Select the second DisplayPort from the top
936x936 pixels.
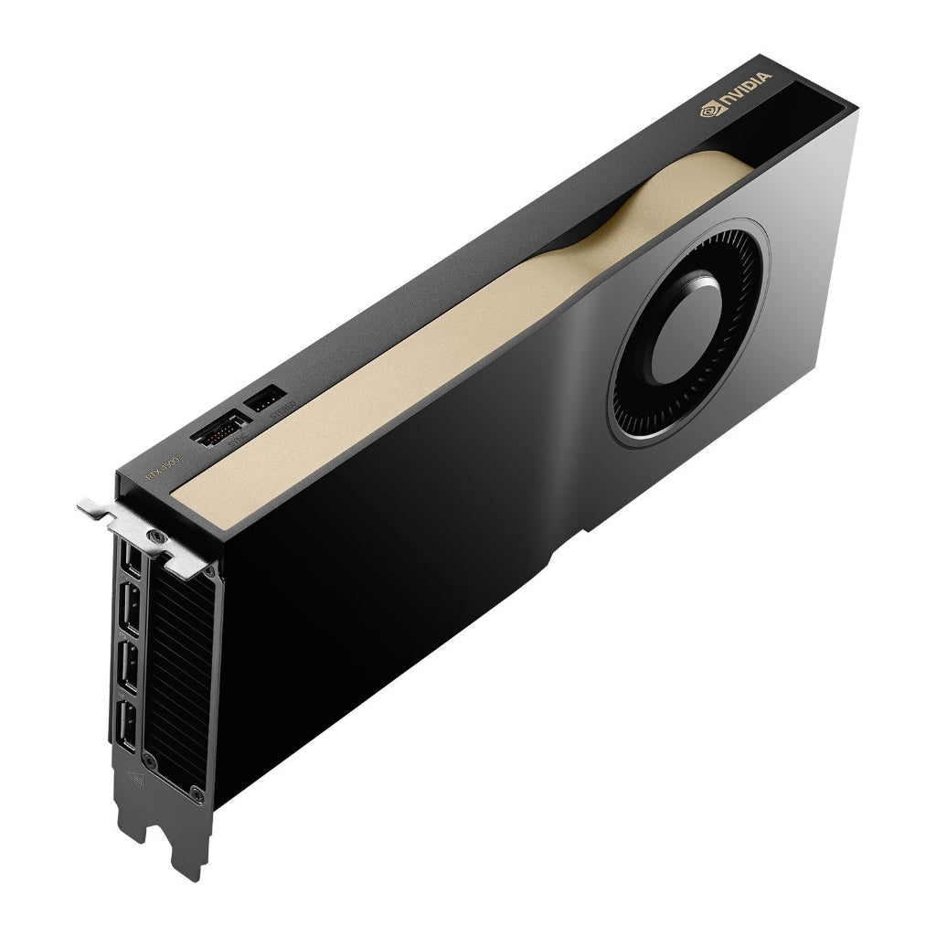pos(130,609)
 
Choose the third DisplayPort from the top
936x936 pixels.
pos(129,665)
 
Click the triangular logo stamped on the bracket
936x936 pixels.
pos(135,780)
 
